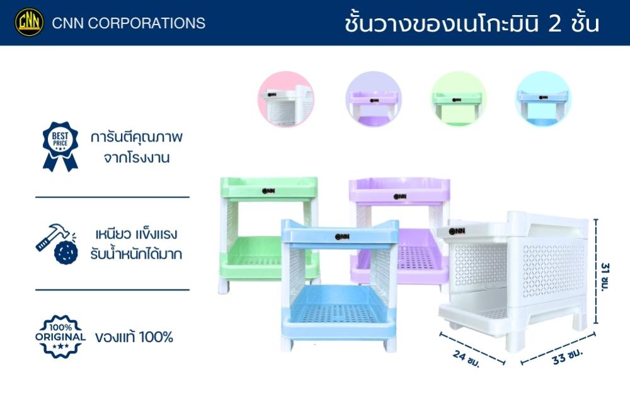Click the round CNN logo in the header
(30, 22)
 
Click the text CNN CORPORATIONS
(129, 23)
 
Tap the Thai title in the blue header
(472, 23)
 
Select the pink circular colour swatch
(285, 99)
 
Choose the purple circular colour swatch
(374, 99)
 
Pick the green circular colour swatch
(458, 99)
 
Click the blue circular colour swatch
(543, 99)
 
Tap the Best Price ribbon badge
(60, 146)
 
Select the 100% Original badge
(60, 337)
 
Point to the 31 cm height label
(605, 277)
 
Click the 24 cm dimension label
(466, 358)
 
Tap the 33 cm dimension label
(568, 355)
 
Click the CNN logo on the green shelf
(268, 191)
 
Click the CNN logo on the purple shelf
(400, 197)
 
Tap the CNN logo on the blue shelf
(342, 237)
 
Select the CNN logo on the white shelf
(457, 232)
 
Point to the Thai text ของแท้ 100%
(134, 337)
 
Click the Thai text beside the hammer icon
(136, 243)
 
